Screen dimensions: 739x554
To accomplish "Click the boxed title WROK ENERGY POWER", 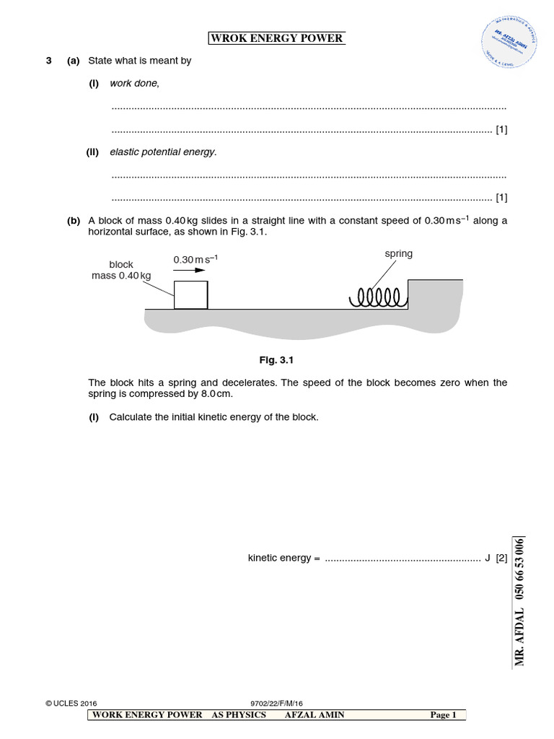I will click(x=276, y=38).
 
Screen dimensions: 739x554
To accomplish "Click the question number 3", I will click(x=49, y=61).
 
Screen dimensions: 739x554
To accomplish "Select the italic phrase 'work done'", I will click(x=134, y=83).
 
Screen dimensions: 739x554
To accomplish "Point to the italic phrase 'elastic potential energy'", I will click(x=162, y=152).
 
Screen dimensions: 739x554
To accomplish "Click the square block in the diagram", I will click(x=191, y=295).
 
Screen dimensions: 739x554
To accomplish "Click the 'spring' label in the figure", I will click(x=398, y=254).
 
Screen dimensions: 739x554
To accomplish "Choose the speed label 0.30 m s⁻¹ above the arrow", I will click(x=195, y=259).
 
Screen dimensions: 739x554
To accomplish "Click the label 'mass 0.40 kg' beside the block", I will click(x=121, y=276).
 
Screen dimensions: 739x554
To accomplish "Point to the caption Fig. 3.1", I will click(x=277, y=359).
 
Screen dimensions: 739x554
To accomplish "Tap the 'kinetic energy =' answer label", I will click(x=283, y=558).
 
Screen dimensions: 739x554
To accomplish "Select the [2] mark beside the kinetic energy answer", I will click(x=501, y=558).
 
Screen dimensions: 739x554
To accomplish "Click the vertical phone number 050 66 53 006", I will click(x=519, y=570).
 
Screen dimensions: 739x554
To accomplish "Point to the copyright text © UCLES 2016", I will click(x=71, y=703).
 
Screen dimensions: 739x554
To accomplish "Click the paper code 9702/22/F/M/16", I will click(x=277, y=703).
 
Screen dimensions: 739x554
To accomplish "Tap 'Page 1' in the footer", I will click(x=443, y=714).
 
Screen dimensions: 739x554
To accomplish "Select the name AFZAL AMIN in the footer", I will click(x=315, y=714).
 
